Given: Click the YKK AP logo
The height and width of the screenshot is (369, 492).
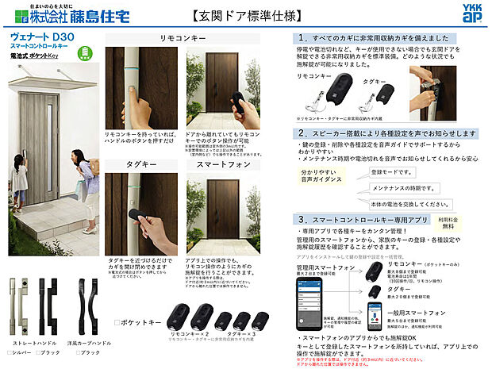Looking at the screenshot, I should tap(471, 13).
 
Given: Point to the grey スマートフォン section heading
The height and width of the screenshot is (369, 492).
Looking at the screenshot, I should tap(222, 164).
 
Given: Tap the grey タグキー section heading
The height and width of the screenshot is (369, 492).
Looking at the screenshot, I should tap(140, 164).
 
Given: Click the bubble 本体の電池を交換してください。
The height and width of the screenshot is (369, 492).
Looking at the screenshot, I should tap(406, 203).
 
